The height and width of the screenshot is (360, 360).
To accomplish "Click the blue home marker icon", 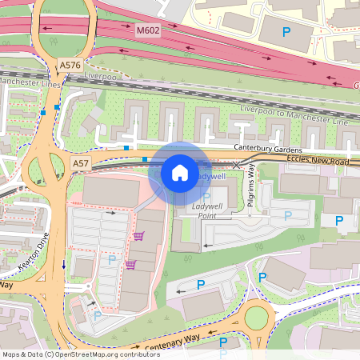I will point(180,172).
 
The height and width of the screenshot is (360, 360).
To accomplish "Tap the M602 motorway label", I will point(148,30).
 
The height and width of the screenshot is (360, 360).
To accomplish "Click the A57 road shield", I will point(81,163).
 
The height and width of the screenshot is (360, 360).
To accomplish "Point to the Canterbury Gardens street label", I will point(267,150).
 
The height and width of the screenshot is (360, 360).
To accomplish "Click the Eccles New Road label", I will point(318,162).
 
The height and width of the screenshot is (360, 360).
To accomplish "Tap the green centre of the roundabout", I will point(256,318).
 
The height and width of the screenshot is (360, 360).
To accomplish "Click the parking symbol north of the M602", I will point(286,32).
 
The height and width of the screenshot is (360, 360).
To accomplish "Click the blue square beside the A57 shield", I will point(144,160).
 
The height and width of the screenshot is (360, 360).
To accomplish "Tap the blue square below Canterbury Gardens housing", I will point(126,148).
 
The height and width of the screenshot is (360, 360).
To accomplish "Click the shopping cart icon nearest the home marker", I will point(139,236).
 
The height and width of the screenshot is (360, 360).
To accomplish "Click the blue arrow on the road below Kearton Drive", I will point(62,265).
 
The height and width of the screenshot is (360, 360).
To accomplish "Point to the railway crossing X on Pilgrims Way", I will point(235,165).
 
